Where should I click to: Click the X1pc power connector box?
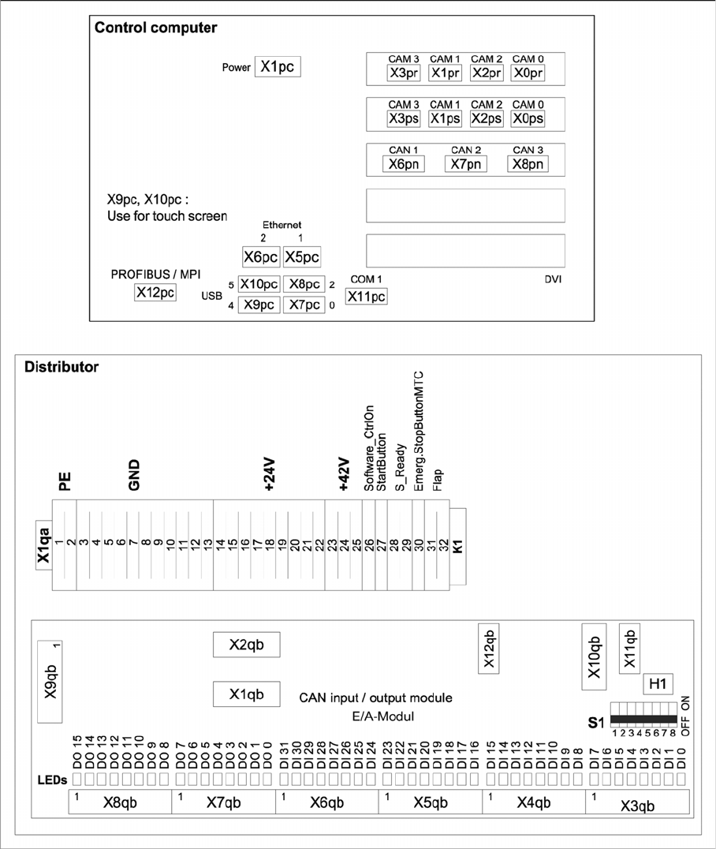pos(278,67)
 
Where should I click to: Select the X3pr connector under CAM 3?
pos(405,73)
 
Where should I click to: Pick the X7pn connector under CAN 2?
pos(465,163)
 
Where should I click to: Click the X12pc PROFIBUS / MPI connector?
pos(155,293)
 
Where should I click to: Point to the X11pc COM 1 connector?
pos(367,296)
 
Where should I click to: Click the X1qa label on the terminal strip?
pos(44,546)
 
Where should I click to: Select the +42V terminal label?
pos(343,475)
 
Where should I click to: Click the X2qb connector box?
pos(245,644)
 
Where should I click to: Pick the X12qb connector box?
pos(489,649)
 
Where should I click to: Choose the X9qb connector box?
pos(51,681)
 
